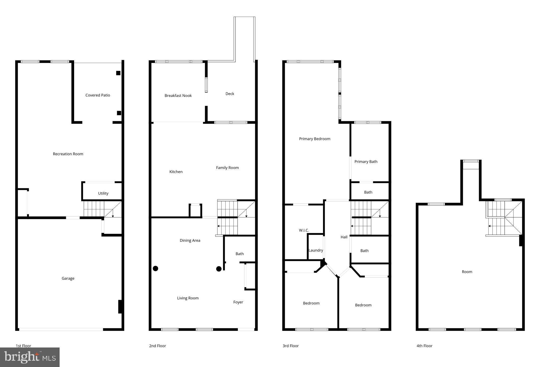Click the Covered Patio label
(98, 95)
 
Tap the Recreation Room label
(68, 154)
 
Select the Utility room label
(103, 193)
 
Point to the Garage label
(68, 278)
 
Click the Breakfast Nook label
(178, 96)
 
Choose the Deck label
(230, 94)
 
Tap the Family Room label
(227, 168)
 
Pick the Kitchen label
(176, 172)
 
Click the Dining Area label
(190, 240)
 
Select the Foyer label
(238, 302)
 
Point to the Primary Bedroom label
(315, 139)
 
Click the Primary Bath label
(366, 162)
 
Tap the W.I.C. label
(304, 230)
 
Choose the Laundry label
(316, 250)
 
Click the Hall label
(344, 237)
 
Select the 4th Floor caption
(424, 346)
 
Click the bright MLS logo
(30, 357)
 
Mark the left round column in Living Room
(156, 269)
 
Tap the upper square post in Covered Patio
(118, 73)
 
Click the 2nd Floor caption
(157, 346)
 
